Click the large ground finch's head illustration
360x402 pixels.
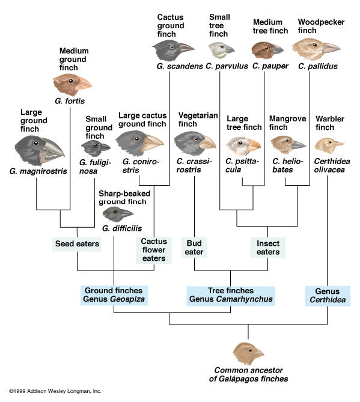pyautogui.click(x=40, y=150)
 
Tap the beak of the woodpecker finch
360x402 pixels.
pyautogui.click(x=331, y=47)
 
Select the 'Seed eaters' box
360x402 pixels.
pyautogui.click(x=77, y=244)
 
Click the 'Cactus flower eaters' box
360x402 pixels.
pyautogui.click(x=154, y=250)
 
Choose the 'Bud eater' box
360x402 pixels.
pyautogui.click(x=194, y=248)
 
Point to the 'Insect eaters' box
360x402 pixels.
pyautogui.click(x=268, y=248)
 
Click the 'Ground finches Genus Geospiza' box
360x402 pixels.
pyautogui.click(x=114, y=295)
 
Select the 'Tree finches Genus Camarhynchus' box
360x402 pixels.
pyautogui.click(x=231, y=296)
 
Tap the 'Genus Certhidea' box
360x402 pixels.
pyautogui.click(x=328, y=296)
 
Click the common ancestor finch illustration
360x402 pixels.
pyautogui.click(x=248, y=354)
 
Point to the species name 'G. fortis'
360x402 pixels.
pyautogui.click(x=70, y=101)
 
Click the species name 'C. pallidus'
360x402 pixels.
pyautogui.click(x=318, y=67)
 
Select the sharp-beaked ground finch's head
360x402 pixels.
pyautogui.click(x=118, y=215)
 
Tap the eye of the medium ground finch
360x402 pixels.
pyautogui.click(x=71, y=81)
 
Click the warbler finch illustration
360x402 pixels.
pyautogui.click(x=329, y=145)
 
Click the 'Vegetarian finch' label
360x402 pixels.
pyautogui.click(x=198, y=120)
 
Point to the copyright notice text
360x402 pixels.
pyautogui.click(x=55, y=391)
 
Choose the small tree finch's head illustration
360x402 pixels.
pyautogui.click(x=221, y=50)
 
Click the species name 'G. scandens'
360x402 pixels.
pyautogui.click(x=180, y=67)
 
